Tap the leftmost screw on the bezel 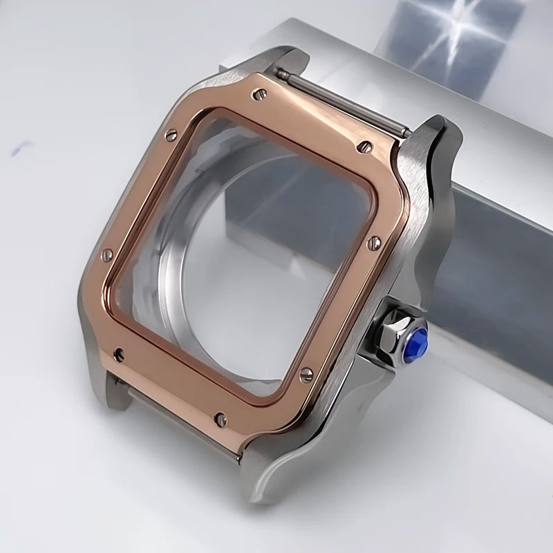click(106, 254)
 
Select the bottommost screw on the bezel click(221, 418)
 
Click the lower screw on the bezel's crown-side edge click(306, 374)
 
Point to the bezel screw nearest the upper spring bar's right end click(365, 147)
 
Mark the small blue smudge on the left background click(21, 147)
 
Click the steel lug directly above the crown click(435, 180)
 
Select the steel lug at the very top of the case click(283, 59)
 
